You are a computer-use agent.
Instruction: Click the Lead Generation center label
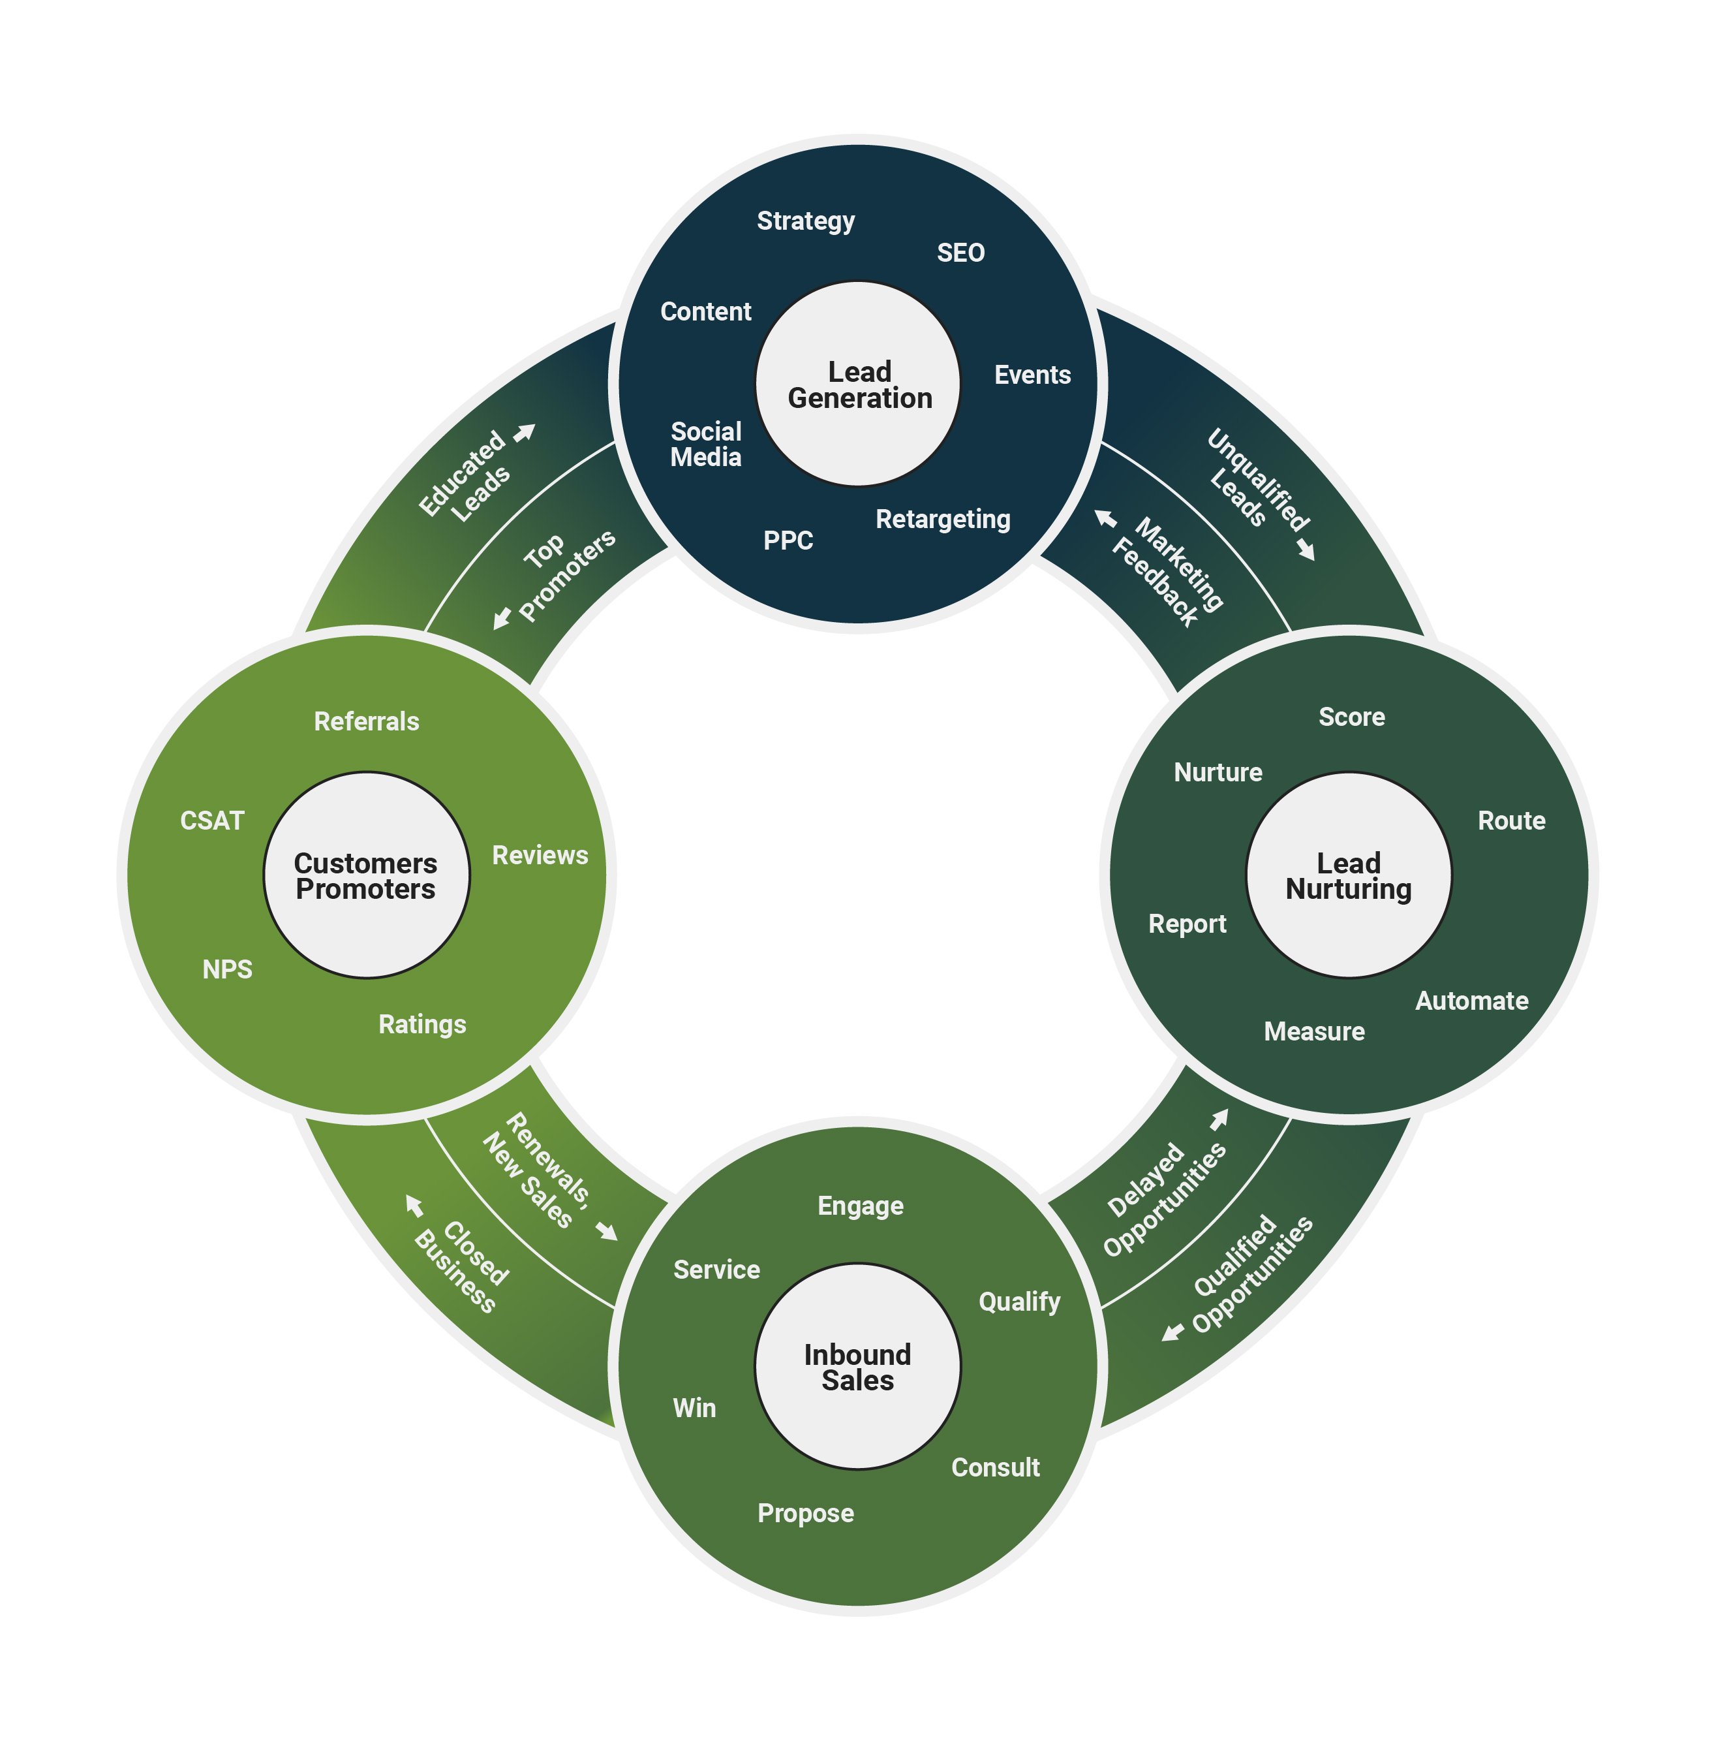coord(859,385)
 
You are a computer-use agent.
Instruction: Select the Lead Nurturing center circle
coord(1348,875)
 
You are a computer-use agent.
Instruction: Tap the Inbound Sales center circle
coord(857,1367)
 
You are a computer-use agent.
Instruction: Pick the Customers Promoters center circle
coord(366,875)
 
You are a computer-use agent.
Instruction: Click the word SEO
coord(960,253)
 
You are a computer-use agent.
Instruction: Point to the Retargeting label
coord(943,520)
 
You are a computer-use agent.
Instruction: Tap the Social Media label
coord(706,444)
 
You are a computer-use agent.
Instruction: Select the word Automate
coord(1471,1001)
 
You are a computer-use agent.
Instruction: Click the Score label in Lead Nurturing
coord(1351,717)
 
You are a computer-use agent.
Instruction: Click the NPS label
coord(227,969)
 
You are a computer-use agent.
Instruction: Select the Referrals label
coord(366,721)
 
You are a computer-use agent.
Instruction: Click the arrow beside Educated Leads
coord(525,433)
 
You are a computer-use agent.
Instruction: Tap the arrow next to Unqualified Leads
coord(1306,549)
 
